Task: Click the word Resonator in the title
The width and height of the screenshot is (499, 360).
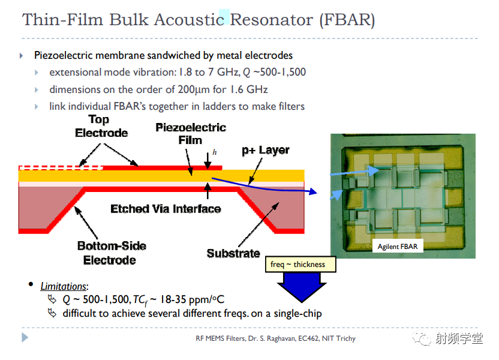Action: (x=271, y=20)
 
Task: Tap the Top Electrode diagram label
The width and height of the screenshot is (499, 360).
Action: (x=101, y=126)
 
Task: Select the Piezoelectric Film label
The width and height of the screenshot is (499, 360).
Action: (x=191, y=134)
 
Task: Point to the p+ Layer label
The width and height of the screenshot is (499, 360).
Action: (x=266, y=150)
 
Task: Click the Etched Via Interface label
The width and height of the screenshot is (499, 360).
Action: (x=166, y=209)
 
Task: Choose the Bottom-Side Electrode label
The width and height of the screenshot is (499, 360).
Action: (x=112, y=253)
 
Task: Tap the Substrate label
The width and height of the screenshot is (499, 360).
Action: (x=233, y=253)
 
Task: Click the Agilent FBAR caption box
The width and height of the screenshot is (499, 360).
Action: (x=398, y=247)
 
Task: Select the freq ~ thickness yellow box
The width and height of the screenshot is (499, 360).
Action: (x=300, y=264)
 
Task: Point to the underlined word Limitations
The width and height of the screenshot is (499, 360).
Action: (x=64, y=286)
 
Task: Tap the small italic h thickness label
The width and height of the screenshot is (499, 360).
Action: (x=215, y=152)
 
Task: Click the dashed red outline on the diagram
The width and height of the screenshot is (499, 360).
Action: (x=61, y=168)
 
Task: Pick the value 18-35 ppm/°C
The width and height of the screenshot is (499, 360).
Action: (x=192, y=299)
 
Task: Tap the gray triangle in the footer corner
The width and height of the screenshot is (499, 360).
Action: (x=25, y=337)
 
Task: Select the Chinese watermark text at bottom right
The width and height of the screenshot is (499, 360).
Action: (x=459, y=338)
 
